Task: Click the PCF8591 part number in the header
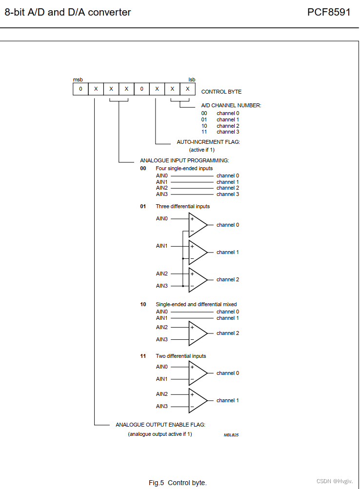(x=328, y=12)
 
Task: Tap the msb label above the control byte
(x=78, y=79)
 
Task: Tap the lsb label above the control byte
(x=192, y=79)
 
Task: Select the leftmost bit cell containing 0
(x=80, y=89)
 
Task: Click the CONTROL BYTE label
(x=221, y=92)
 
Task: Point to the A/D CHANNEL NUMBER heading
(x=231, y=105)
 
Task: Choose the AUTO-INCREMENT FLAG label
(x=208, y=142)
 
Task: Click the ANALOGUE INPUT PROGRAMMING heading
(x=184, y=160)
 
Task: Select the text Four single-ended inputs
(x=184, y=168)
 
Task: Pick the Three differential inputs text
(x=182, y=206)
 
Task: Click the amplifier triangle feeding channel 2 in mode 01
(x=197, y=280)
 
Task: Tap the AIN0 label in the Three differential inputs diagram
(x=161, y=218)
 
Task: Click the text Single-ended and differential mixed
(x=196, y=304)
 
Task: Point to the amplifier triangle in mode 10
(x=197, y=333)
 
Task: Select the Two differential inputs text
(x=180, y=356)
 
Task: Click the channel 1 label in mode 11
(x=227, y=400)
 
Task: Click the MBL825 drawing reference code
(x=231, y=434)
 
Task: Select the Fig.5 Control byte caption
(x=178, y=483)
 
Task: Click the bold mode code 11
(x=143, y=356)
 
